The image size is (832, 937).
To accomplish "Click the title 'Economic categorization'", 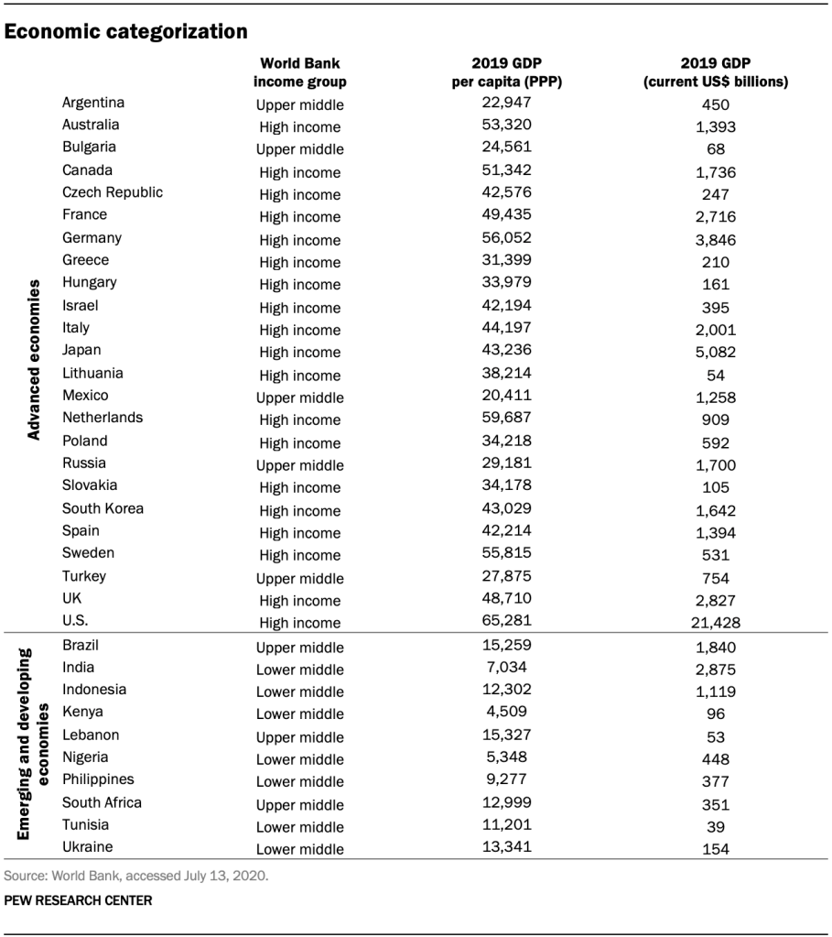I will pyautogui.click(x=126, y=32).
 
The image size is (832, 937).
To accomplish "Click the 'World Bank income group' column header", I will pyautogui.click(x=299, y=72).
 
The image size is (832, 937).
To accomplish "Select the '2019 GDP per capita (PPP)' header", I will pyautogui.click(x=506, y=72).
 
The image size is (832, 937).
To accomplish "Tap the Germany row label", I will pyautogui.click(x=92, y=237).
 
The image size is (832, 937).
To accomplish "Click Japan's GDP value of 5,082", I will pyautogui.click(x=716, y=353).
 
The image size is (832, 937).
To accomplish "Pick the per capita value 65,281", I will pyautogui.click(x=506, y=621).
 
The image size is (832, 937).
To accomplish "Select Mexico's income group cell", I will pyautogui.click(x=299, y=398).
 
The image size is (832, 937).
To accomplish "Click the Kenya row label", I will pyautogui.click(x=82, y=712).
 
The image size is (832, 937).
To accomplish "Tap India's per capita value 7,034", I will pyautogui.click(x=506, y=668).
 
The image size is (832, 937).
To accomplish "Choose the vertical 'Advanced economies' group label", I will pyautogui.click(x=34, y=361).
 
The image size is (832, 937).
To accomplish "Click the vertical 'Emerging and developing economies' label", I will pyautogui.click(x=34, y=744).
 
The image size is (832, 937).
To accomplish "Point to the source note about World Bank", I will pyautogui.click(x=136, y=876).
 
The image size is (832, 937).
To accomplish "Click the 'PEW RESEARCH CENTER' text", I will pyautogui.click(x=78, y=900).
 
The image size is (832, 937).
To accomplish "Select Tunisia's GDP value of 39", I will pyautogui.click(x=716, y=826).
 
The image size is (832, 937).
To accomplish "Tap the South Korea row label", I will pyautogui.click(x=103, y=508).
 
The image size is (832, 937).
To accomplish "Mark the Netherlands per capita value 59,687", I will pyautogui.click(x=506, y=418).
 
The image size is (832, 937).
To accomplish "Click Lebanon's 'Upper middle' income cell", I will pyautogui.click(x=299, y=736).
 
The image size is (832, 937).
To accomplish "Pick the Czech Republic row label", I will pyautogui.click(x=113, y=192).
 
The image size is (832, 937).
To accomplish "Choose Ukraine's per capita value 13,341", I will pyautogui.click(x=506, y=847).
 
